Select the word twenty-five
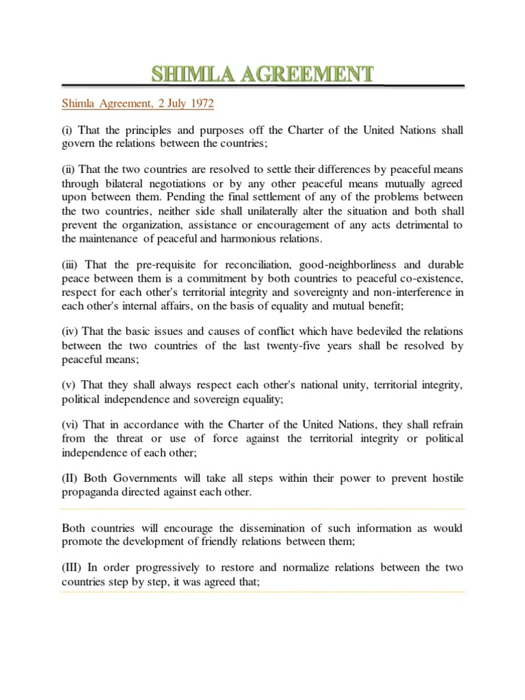click(304, 346)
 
